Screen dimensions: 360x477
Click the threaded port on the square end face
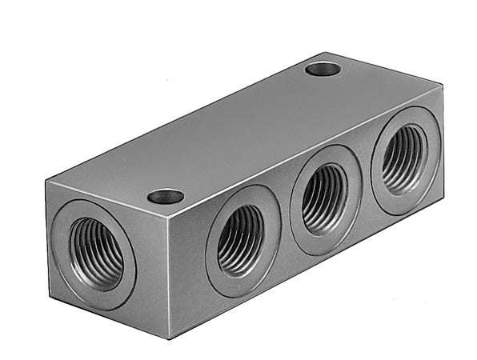click(95, 253)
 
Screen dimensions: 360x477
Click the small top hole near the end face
click(166, 196)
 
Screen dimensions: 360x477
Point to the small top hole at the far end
click(323, 69)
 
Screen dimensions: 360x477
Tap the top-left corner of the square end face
click(46, 182)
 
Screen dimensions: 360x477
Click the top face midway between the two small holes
click(244, 133)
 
